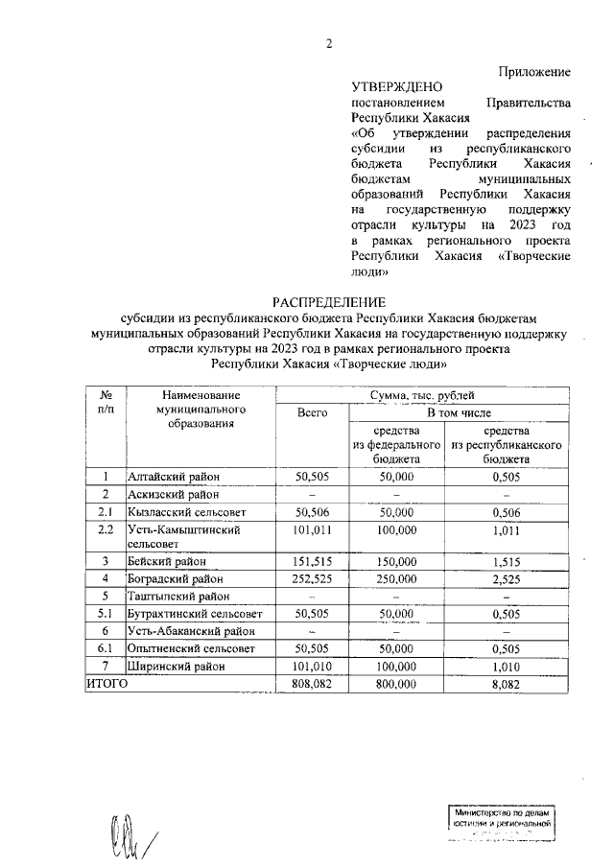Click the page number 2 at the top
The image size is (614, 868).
[328, 42]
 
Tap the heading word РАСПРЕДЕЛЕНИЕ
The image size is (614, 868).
[328, 301]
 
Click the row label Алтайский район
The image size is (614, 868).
[175, 477]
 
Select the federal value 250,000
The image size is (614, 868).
[395, 579]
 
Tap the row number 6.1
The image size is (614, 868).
[106, 648]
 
